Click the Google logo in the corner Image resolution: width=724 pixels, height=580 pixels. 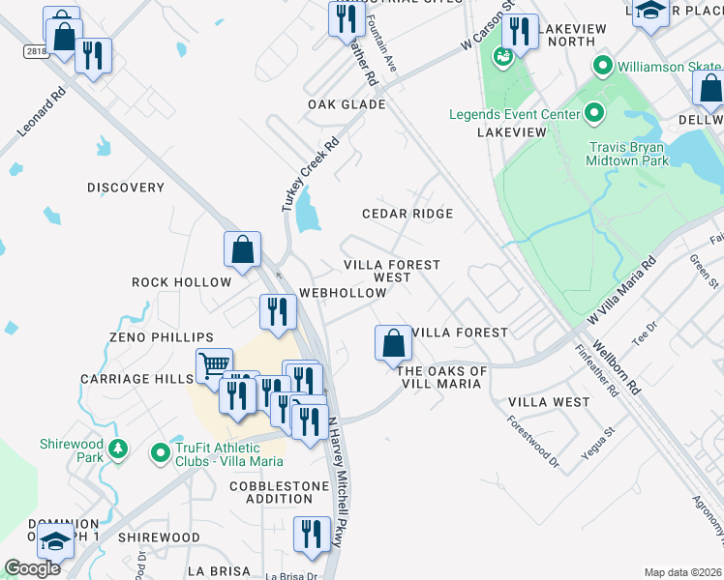(x=33, y=568)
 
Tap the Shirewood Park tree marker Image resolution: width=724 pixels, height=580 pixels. (x=118, y=449)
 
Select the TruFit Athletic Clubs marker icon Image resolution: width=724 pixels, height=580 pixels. (x=161, y=452)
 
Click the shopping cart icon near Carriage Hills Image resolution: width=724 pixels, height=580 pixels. (x=213, y=366)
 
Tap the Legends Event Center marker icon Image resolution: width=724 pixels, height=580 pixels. (x=595, y=114)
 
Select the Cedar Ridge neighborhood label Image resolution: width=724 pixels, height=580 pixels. (x=407, y=214)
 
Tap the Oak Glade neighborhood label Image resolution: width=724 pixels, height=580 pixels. (x=347, y=104)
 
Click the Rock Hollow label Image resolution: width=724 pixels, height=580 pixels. (x=182, y=282)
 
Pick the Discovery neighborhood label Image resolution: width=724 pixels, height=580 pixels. (x=126, y=188)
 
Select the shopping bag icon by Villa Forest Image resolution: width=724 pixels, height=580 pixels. (x=392, y=342)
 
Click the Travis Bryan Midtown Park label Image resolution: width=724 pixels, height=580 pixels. (x=629, y=155)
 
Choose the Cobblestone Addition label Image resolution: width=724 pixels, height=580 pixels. (x=270, y=492)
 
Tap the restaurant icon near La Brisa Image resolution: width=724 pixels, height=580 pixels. (x=311, y=535)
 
